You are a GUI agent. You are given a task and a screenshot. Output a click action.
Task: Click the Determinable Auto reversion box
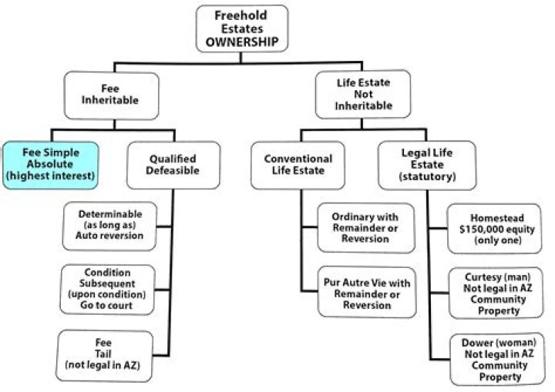(x=112, y=224)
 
